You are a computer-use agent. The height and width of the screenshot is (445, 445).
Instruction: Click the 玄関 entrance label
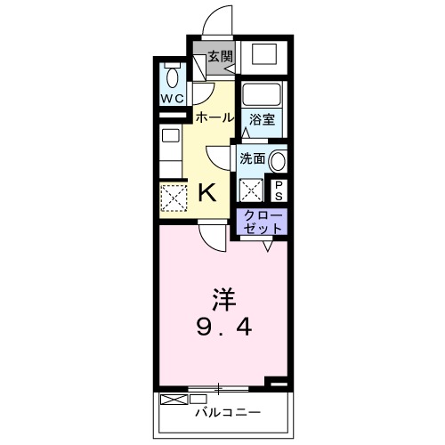(x=221, y=55)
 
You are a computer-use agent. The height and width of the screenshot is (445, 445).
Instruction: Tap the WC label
(x=172, y=98)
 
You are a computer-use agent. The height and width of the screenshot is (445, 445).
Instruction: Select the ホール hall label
(x=214, y=117)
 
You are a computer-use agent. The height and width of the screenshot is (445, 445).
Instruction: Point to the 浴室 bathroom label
(x=261, y=117)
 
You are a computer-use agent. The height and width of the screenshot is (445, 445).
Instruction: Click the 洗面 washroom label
(x=252, y=158)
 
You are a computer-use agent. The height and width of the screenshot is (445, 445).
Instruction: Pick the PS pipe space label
(x=278, y=189)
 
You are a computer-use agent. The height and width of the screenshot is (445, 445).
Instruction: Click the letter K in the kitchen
(x=206, y=190)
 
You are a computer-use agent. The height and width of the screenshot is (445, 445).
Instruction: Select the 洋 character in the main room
(x=223, y=296)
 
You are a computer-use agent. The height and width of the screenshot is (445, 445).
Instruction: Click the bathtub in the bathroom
(x=263, y=94)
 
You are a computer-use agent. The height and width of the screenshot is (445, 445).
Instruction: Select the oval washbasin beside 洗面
(x=278, y=162)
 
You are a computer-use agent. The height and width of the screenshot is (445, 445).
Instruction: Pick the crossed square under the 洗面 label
(x=252, y=190)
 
